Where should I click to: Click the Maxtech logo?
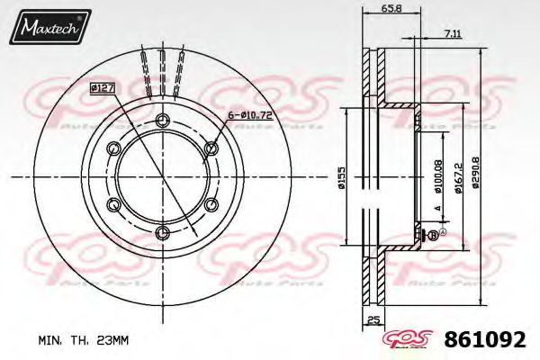(49, 30)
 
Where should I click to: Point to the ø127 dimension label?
(101, 88)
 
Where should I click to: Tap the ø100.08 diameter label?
(438, 176)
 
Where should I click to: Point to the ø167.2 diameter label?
(460, 176)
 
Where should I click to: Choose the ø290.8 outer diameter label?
(487, 176)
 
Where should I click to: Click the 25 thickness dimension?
(373, 320)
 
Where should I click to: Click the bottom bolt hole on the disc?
(162, 233)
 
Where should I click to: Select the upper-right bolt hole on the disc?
(211, 149)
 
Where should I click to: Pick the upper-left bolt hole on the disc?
(113, 149)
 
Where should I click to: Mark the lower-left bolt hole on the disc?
(113, 205)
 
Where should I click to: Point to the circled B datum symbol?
(432, 235)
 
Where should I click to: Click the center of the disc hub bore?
(162, 177)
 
